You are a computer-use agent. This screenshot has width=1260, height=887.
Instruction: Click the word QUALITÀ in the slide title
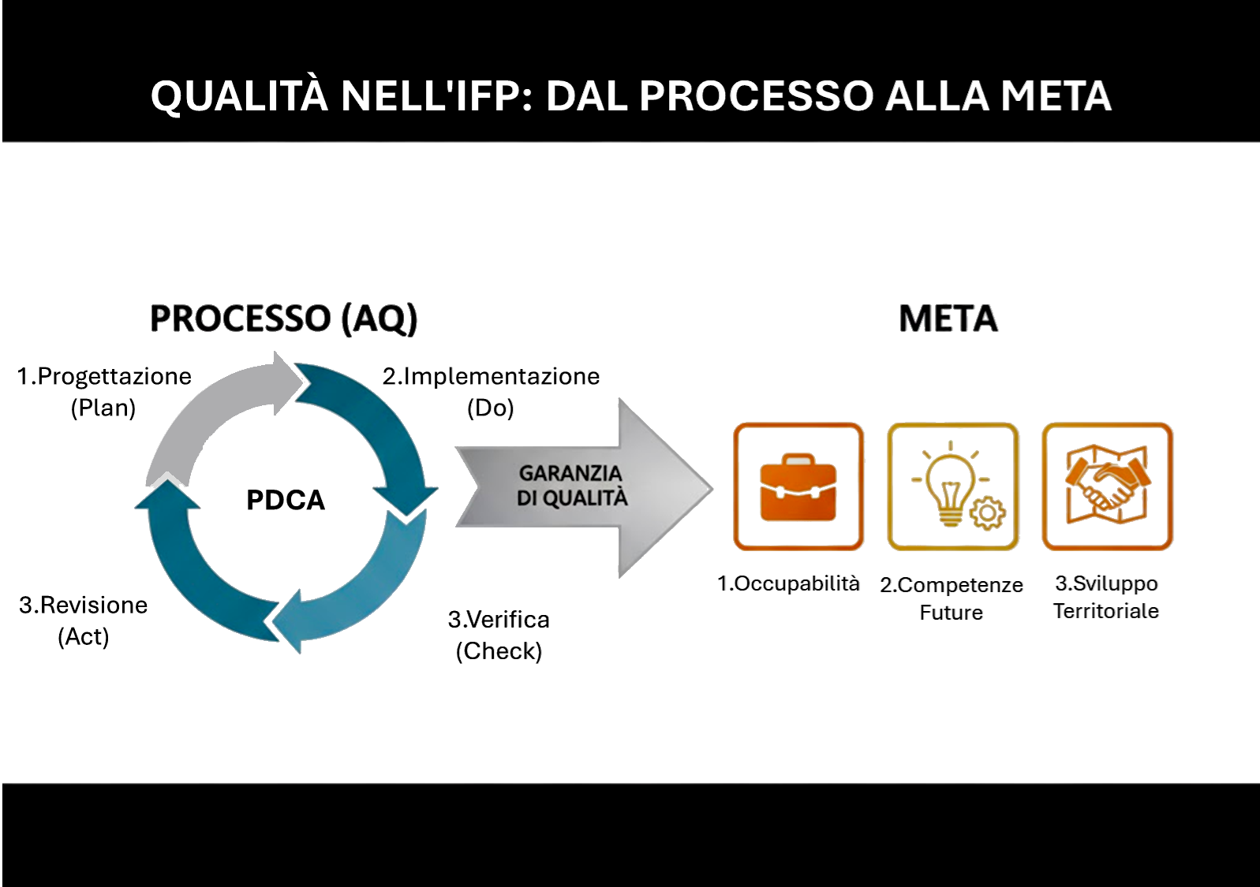[x=238, y=96]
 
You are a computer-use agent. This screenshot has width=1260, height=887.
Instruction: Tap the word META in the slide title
[x=1056, y=96]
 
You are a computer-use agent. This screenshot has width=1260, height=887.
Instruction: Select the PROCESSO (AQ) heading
[x=283, y=319]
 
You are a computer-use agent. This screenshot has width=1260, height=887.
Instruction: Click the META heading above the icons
[x=948, y=319]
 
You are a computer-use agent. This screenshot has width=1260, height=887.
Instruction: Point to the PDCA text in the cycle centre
[x=286, y=500]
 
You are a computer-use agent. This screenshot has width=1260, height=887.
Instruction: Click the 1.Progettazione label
[x=104, y=376]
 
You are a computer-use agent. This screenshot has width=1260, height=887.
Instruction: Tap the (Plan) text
[x=103, y=408]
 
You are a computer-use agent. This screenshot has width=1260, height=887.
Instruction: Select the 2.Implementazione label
[x=491, y=376]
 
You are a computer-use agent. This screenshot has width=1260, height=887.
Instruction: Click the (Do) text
[x=490, y=408]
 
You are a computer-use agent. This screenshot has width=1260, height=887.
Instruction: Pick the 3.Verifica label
[x=499, y=620]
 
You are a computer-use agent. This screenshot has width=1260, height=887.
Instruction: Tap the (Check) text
[x=499, y=651]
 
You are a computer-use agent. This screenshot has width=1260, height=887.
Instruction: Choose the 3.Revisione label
[x=84, y=605]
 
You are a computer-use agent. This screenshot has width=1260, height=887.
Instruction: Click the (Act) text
[x=84, y=636]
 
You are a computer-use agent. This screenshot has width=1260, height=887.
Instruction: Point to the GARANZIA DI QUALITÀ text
[x=571, y=486]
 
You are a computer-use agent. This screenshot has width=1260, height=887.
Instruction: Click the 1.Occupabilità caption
[x=788, y=583]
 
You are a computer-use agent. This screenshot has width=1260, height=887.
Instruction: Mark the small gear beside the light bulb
[x=987, y=513]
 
